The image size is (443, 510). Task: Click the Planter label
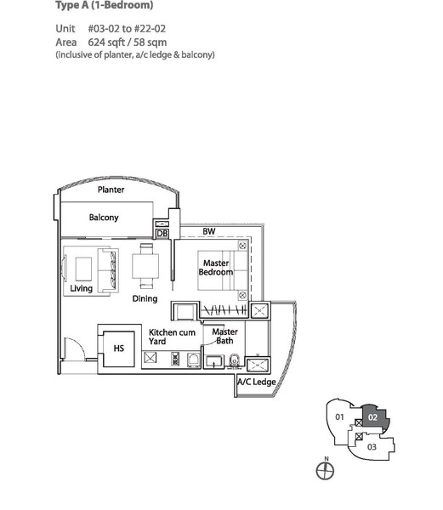[111, 190]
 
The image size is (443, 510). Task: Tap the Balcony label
[104, 218]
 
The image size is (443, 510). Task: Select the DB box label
[162, 234]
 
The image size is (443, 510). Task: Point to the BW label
[209, 231]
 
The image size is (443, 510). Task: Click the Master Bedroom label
[216, 268]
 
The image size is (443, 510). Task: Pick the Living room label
[82, 288]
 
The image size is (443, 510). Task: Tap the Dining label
[145, 298]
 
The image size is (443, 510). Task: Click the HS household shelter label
[119, 348]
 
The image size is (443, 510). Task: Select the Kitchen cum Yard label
[172, 337]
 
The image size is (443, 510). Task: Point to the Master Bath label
[224, 336]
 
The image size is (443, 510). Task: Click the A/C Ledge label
[257, 382]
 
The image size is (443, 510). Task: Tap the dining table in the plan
[145, 266]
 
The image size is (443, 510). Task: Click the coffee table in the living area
[83, 269]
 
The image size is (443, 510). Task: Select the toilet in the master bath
[234, 360]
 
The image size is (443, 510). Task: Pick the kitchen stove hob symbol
[175, 359]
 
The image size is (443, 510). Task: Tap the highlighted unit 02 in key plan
[374, 417]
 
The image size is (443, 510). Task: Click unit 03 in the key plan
[372, 447]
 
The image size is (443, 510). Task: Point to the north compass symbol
[326, 470]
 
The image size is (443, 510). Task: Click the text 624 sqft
[106, 42]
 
